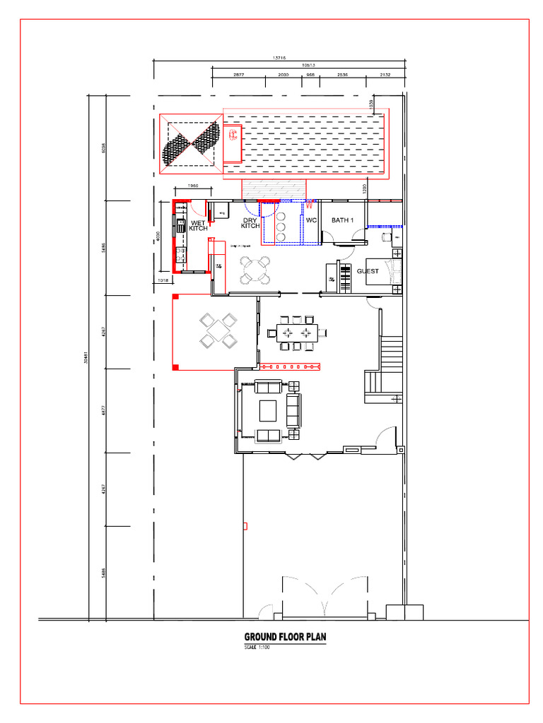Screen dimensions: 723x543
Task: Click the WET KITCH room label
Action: pos(198,226)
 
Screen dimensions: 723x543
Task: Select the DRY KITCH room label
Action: pos(250,223)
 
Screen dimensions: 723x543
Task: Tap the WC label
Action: pos(311,220)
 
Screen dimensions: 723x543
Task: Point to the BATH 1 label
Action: pos(342,220)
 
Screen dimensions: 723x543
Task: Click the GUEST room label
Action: pos(368,271)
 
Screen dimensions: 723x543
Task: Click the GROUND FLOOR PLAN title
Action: pos(285,637)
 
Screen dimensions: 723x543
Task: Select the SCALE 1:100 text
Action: pos(257,647)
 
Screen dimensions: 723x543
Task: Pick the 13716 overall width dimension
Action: pos(279,59)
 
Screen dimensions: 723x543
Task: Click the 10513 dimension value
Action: pos(308,65)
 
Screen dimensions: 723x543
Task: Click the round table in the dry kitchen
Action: pos(255,270)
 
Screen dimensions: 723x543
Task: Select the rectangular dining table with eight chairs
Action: pos(296,333)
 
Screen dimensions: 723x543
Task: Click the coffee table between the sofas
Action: pos(269,410)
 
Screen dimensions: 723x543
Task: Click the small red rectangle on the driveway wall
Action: pos(245,525)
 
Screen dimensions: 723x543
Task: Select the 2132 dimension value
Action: pos(385,74)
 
